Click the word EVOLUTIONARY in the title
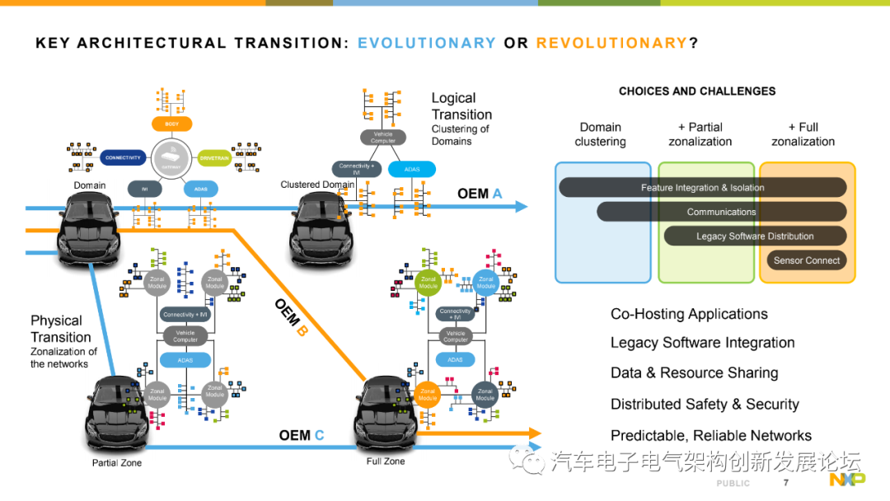tap(426, 43)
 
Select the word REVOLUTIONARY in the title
tap(611, 43)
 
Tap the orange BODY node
tap(172, 124)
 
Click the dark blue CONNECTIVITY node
tap(124, 157)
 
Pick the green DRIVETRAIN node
tap(214, 157)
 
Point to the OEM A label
tap(480, 194)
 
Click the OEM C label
tap(301, 435)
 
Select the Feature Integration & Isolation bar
tap(702, 188)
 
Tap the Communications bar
tap(721, 212)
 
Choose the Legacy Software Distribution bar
tap(754, 236)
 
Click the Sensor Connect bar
tap(806, 260)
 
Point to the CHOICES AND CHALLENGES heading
tap(697, 91)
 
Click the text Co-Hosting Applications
tap(689, 314)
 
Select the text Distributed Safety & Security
tap(705, 404)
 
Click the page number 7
tap(785, 482)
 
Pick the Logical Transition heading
tap(461, 106)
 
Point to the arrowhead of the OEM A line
tap(521, 207)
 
